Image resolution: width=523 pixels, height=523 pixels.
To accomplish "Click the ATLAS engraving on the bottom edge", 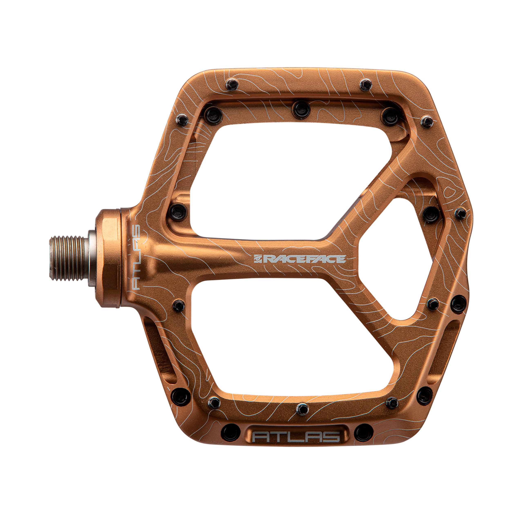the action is (296, 437).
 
